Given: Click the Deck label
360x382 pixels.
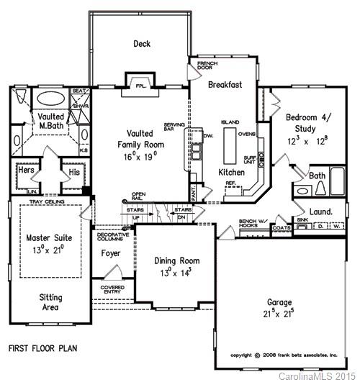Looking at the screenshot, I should pos(141,44).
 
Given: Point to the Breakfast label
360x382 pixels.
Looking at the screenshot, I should pos(225,85).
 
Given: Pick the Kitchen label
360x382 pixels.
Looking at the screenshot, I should pos(232,173).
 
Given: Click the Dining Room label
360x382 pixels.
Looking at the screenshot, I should pos(177,261).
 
